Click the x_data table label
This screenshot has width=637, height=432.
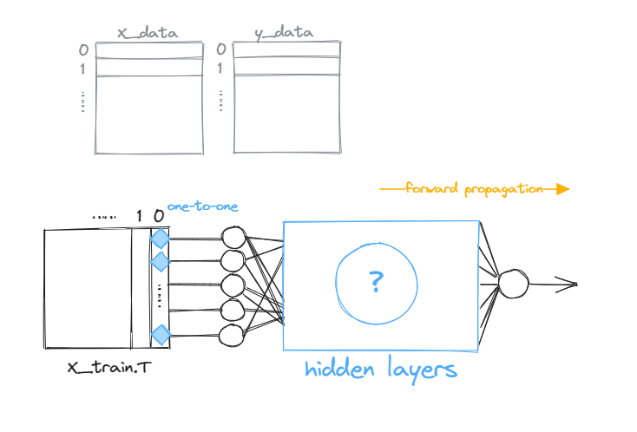click(148, 33)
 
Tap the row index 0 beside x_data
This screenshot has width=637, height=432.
click(84, 49)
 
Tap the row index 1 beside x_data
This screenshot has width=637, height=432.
click(84, 68)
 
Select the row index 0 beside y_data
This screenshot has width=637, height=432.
click(221, 49)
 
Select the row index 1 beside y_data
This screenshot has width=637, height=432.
click(221, 68)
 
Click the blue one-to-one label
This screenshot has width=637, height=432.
click(202, 207)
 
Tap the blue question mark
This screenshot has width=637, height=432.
click(376, 280)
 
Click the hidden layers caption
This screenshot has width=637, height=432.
click(380, 370)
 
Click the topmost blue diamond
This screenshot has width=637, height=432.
click(160, 239)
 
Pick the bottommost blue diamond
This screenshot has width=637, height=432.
click(160, 334)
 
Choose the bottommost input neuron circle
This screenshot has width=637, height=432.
click(233, 335)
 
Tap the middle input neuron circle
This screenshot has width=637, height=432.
click(233, 285)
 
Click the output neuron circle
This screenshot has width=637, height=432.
click(511, 283)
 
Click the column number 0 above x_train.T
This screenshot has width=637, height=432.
click(158, 214)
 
